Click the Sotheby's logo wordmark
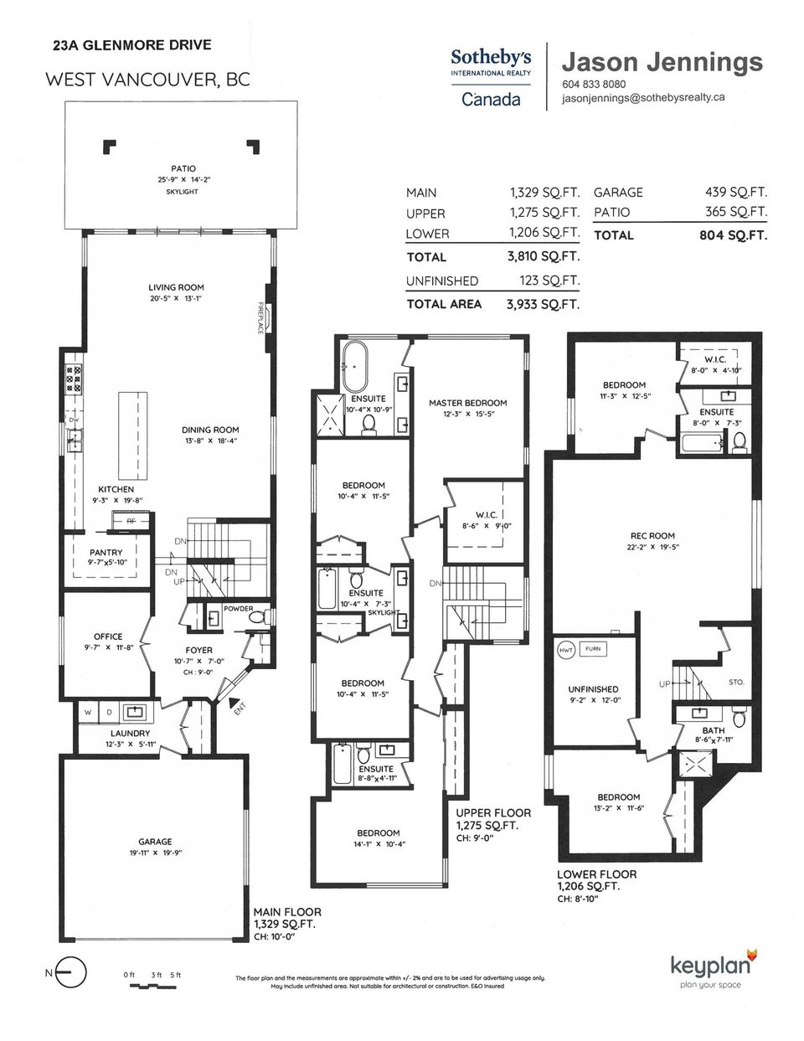pos(491,59)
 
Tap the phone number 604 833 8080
pos(594,85)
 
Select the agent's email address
pos(643,98)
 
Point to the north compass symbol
pos(70,973)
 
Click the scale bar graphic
pos(152,987)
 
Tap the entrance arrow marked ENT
pos(234,703)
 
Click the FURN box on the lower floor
pos(593,649)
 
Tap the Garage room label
pos(155,841)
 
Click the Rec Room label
pos(652,536)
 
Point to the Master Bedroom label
pos(468,403)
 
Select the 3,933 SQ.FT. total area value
pos(543,304)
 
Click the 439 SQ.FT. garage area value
pos(736,192)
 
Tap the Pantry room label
pos(106,553)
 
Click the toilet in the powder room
pos(259,616)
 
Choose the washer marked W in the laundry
pos(88,713)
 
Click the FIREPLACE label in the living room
pos(260,317)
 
